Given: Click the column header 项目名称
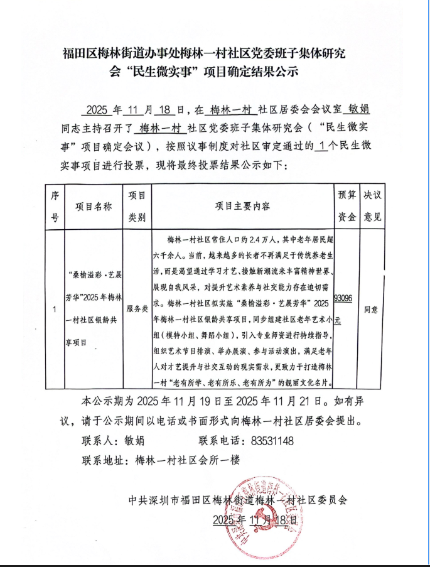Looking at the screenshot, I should [x=94, y=207].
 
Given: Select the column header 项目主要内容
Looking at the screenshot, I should [x=243, y=207].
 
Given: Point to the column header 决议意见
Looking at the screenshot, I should [x=373, y=206].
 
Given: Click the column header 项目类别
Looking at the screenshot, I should [x=137, y=206].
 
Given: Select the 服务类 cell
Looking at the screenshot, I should [x=137, y=310].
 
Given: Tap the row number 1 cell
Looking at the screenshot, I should [x=55, y=310].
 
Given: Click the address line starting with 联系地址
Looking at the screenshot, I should [x=161, y=460].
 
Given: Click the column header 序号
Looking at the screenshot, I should [x=55, y=207].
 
